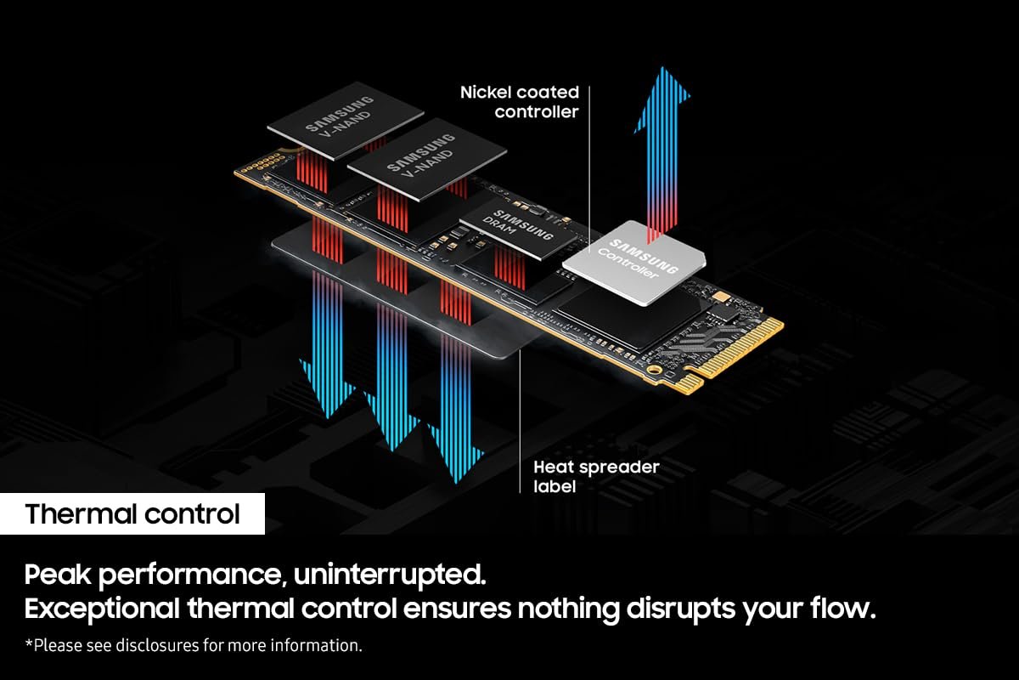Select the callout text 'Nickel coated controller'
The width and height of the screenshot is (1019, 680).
520,101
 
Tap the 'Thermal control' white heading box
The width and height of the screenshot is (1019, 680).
132,514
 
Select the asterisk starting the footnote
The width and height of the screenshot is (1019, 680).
29,644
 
